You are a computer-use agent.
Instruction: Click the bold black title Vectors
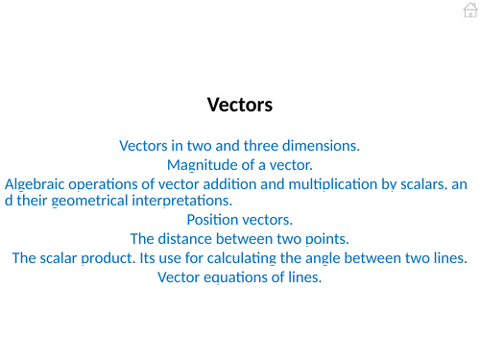click(240, 105)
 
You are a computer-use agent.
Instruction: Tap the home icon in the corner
click(468, 10)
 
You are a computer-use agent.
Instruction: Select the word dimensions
click(322, 146)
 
